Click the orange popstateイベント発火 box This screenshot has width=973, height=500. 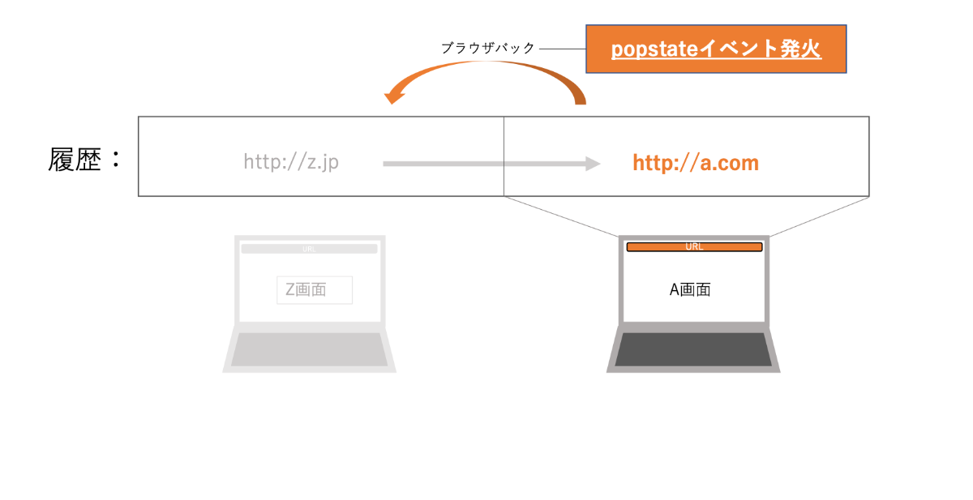[x=716, y=49]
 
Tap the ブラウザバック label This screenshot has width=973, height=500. [x=488, y=49]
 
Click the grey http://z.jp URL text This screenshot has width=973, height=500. [x=291, y=162]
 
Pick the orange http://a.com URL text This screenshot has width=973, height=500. [x=696, y=163]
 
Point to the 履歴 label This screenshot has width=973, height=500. [x=75, y=160]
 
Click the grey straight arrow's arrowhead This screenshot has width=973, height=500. [x=592, y=164]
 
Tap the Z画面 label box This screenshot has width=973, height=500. [x=315, y=289]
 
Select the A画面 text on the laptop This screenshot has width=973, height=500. [x=690, y=289]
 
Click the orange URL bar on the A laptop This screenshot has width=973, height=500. [x=694, y=246]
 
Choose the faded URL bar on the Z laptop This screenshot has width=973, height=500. [x=309, y=249]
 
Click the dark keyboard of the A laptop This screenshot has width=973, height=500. [x=693, y=349]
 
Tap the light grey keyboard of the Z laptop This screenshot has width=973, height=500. [x=309, y=349]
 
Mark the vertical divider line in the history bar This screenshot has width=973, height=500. [x=504, y=156]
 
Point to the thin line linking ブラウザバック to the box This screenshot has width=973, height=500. [x=562, y=49]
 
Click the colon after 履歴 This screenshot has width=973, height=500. [x=115, y=160]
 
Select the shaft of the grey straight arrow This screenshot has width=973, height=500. [x=478, y=164]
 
